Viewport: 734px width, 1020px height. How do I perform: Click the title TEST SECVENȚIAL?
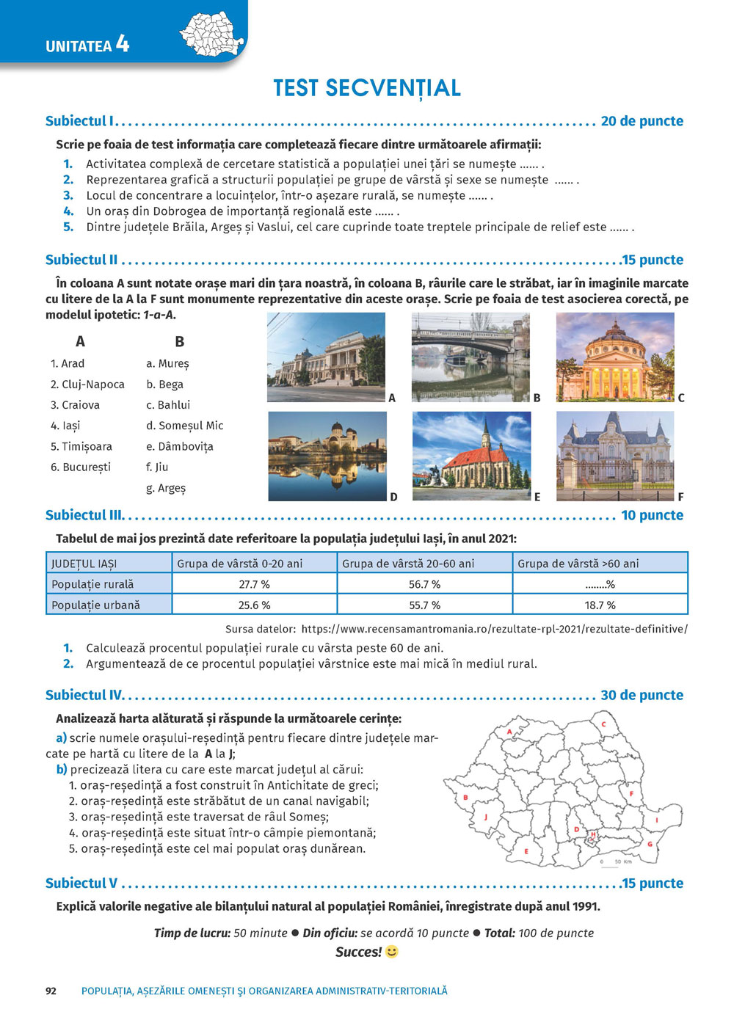pos(367,88)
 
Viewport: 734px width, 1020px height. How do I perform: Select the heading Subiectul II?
pos(81,260)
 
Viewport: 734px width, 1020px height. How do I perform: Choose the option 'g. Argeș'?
pos(166,488)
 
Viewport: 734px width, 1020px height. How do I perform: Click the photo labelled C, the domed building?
pos(614,357)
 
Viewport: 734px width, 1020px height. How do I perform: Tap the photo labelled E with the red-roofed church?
pos(471,456)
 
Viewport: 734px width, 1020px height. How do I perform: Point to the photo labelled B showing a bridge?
pos(470,357)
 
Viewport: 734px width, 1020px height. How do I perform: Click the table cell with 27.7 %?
pos(254,585)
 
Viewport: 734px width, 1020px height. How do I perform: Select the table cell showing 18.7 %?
pos(600,605)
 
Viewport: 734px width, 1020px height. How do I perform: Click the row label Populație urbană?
pos(95,605)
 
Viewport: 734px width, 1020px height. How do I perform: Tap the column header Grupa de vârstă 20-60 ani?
pos(408,564)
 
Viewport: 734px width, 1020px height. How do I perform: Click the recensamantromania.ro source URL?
pos(494,629)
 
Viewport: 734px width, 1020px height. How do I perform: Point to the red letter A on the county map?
pos(509,732)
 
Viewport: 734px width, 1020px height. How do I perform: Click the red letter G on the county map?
pos(650,844)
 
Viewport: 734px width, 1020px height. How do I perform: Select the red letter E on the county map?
pos(526,852)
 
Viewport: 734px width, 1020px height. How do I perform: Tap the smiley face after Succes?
pos(392,952)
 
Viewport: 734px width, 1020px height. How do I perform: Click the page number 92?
pos(51,991)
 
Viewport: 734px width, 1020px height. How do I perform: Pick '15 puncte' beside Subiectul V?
pos(653,884)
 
